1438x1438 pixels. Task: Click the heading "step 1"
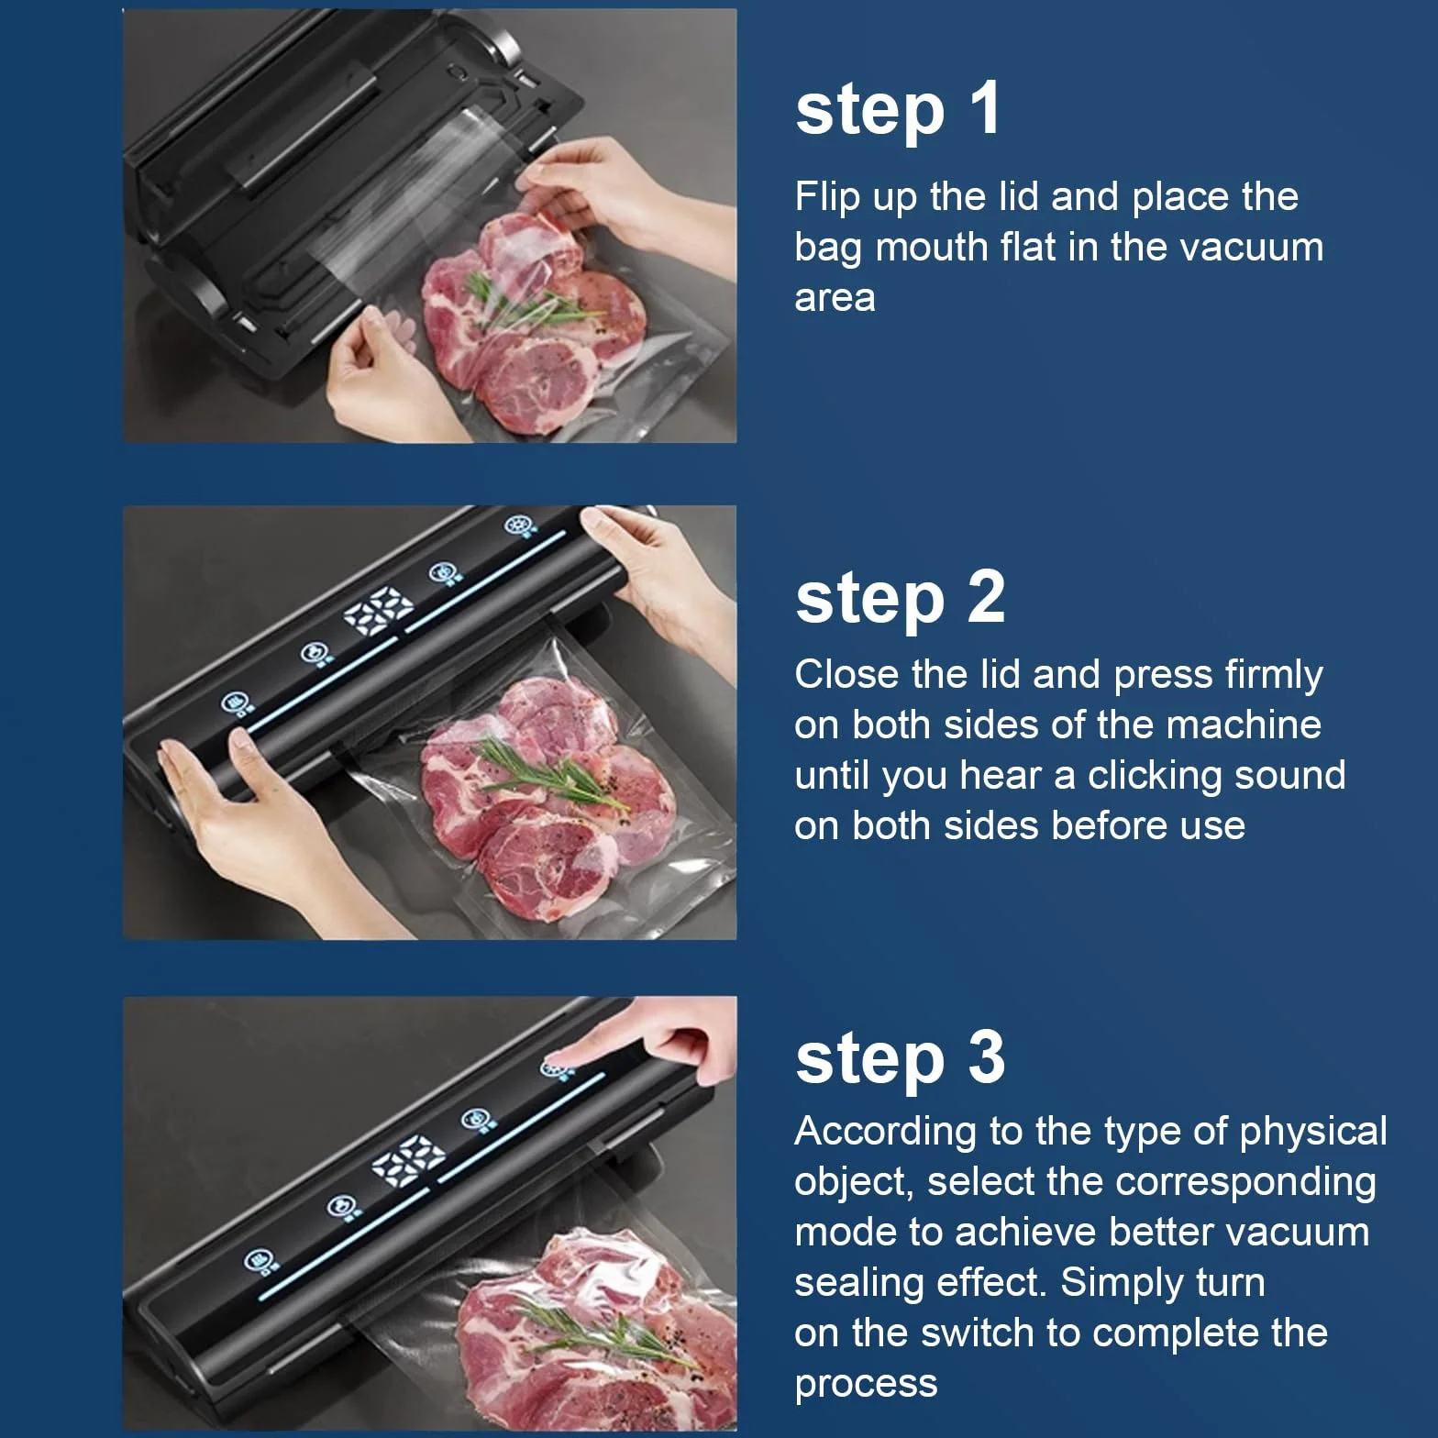pos(898,110)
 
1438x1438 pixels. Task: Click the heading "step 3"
pos(901,1058)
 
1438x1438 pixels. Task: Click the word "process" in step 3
pos(866,1385)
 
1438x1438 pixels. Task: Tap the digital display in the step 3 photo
pos(408,1157)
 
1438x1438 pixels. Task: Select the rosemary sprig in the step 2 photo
pos(550,775)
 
